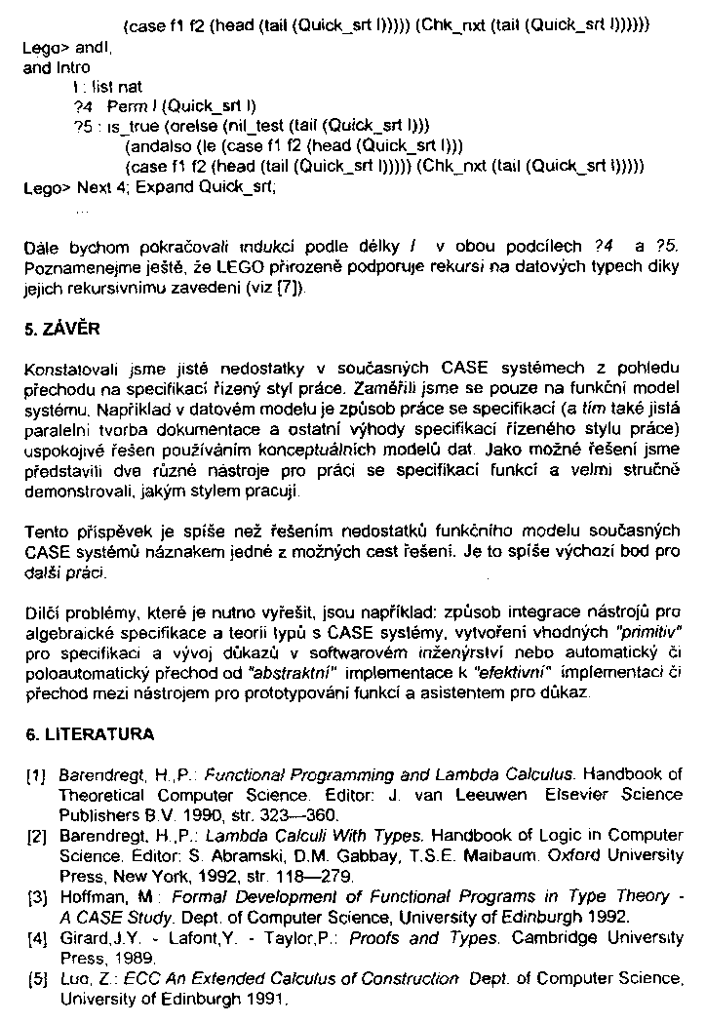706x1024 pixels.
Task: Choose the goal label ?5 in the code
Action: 83,126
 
